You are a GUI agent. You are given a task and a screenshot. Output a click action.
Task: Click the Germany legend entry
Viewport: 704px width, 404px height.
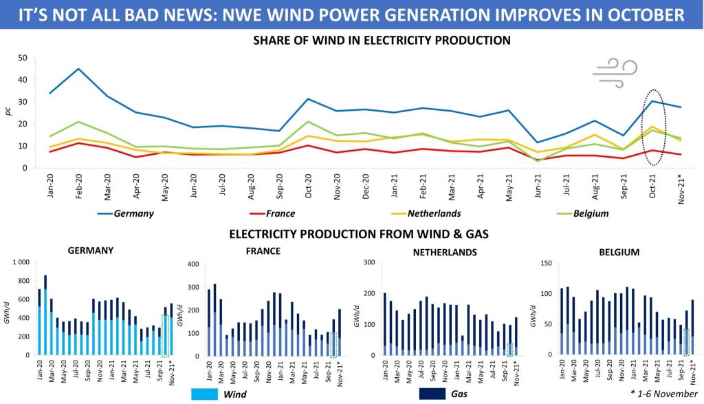[134, 213]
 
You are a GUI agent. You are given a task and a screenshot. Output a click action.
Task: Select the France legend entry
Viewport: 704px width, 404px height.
[289, 213]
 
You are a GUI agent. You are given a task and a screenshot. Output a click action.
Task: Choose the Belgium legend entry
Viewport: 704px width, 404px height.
[591, 213]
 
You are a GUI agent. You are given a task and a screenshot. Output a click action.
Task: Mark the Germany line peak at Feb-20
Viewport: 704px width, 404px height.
[79, 69]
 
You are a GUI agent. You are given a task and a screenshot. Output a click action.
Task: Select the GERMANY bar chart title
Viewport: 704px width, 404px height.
[91, 251]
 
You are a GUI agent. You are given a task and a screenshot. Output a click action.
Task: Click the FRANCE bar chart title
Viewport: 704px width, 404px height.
[263, 251]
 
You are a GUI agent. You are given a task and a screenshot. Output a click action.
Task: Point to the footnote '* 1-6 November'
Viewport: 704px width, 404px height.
[663, 394]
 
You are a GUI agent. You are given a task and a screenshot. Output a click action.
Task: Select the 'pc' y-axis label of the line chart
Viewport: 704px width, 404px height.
[9, 110]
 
